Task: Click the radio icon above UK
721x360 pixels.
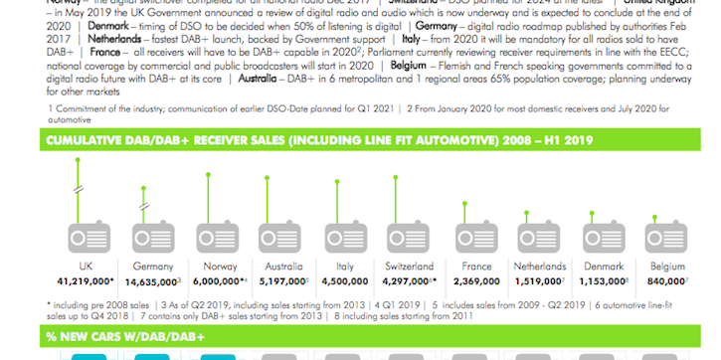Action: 86,240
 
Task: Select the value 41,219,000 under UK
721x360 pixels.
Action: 84,282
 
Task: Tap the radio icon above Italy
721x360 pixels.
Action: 344,240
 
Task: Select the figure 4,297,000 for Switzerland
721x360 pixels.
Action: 409,282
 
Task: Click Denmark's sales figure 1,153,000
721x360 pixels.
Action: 603,282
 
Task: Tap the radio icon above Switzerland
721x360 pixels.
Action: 409,240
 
